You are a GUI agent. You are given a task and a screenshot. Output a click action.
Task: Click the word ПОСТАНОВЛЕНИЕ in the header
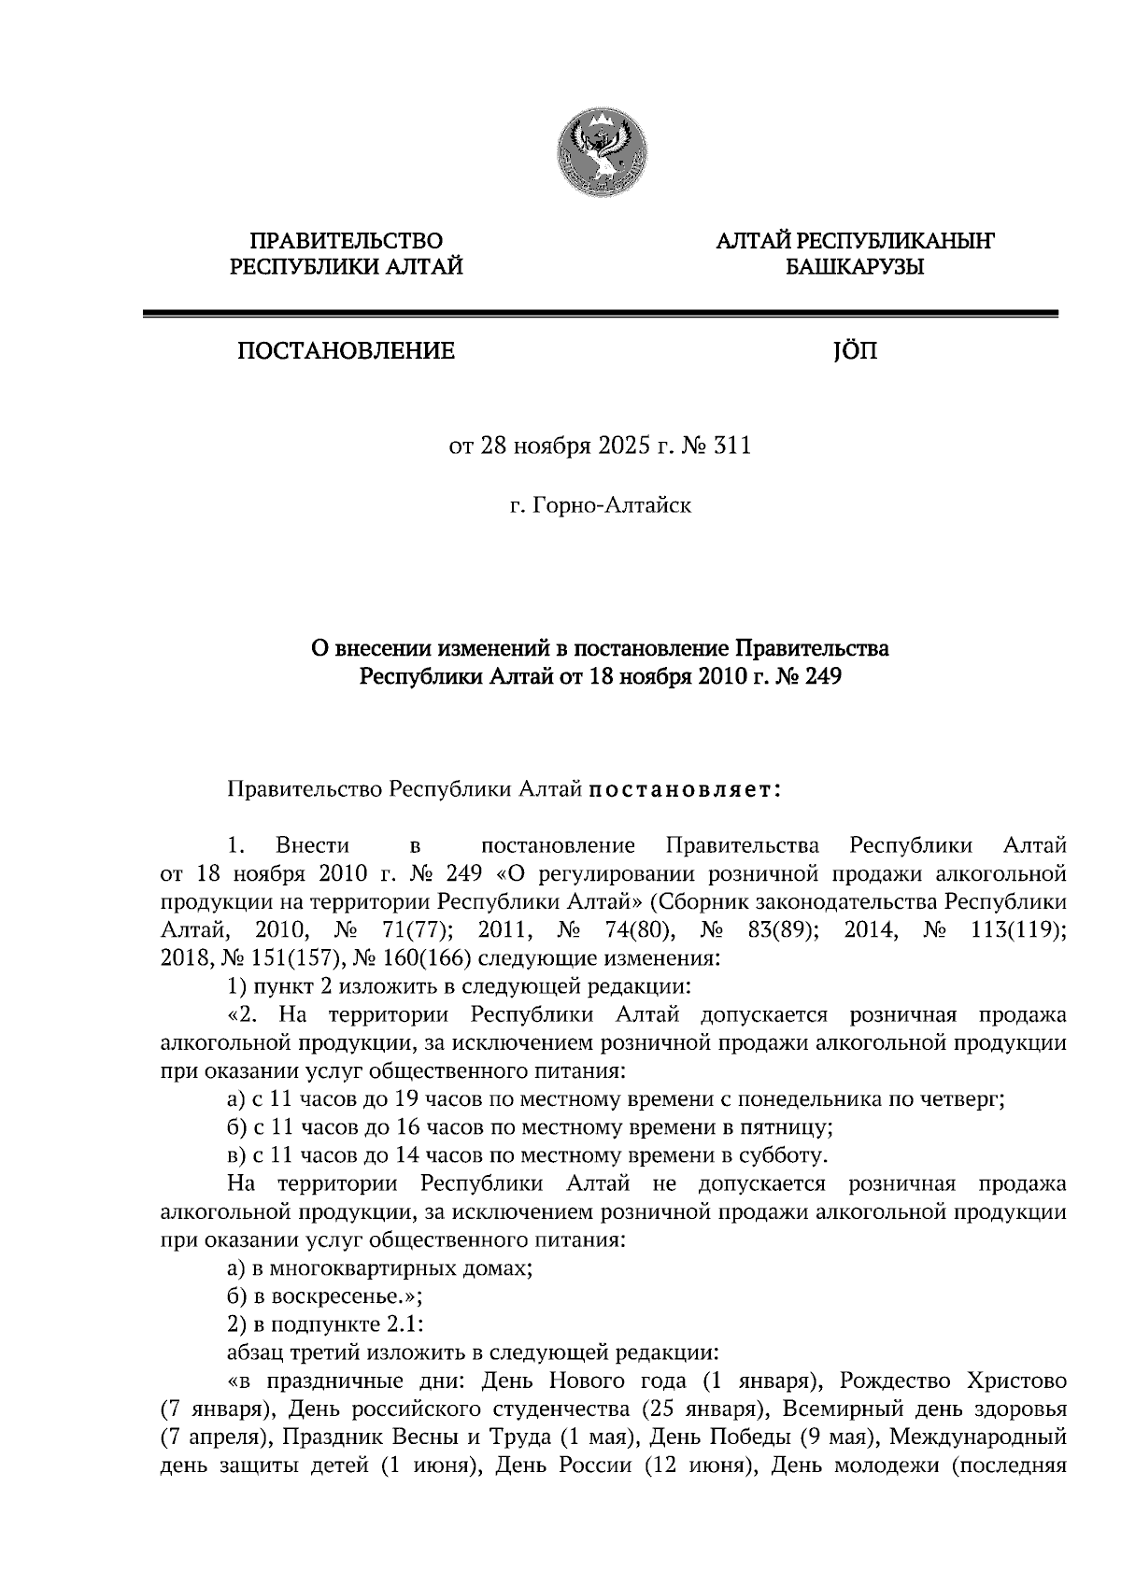point(346,352)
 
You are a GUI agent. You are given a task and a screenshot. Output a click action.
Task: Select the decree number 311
point(732,446)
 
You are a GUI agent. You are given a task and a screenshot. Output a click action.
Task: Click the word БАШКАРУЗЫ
point(854,269)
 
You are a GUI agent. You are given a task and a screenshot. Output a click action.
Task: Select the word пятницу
point(792,1128)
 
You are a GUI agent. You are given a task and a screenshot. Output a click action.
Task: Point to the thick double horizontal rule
point(599,315)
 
